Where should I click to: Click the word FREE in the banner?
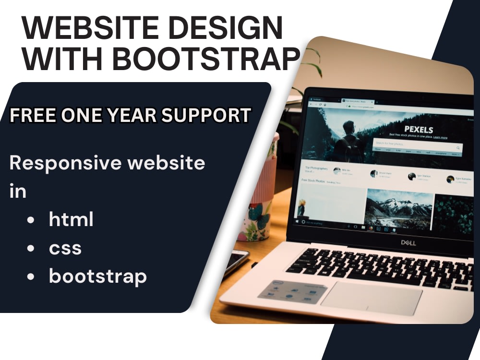(x=32, y=115)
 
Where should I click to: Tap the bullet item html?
(x=71, y=219)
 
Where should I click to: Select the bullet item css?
(x=65, y=248)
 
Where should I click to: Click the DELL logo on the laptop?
(x=409, y=242)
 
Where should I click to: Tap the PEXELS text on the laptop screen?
(x=419, y=130)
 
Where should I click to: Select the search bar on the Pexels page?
(x=417, y=143)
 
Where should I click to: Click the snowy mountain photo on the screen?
(x=398, y=209)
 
